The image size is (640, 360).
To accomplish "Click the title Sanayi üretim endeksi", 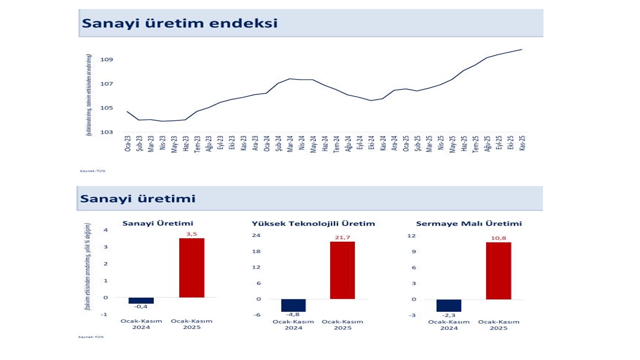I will [179, 23].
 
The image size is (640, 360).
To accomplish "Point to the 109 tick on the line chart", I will [106, 59].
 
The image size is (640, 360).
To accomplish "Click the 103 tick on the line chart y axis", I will [106, 132].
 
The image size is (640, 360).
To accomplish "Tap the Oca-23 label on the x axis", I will [127, 143].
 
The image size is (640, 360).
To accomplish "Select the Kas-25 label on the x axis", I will [522, 143].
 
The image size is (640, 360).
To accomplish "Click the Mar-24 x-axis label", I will [290, 143].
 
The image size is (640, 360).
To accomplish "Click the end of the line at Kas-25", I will [522, 49].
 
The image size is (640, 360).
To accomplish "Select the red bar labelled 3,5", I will [191, 267].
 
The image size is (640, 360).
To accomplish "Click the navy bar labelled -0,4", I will [141, 300].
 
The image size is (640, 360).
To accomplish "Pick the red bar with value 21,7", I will [342, 270].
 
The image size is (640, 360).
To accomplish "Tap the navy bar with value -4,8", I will [293, 305].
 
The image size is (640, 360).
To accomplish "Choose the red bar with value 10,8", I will [498, 270].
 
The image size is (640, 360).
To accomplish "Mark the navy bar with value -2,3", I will [449, 305].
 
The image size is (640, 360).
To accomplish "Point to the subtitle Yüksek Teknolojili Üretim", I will [313, 223].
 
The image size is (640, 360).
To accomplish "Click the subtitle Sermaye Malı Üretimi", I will [469, 223].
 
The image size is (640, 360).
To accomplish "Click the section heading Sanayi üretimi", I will [137, 199].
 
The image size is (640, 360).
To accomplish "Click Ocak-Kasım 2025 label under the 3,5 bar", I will [191, 324].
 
